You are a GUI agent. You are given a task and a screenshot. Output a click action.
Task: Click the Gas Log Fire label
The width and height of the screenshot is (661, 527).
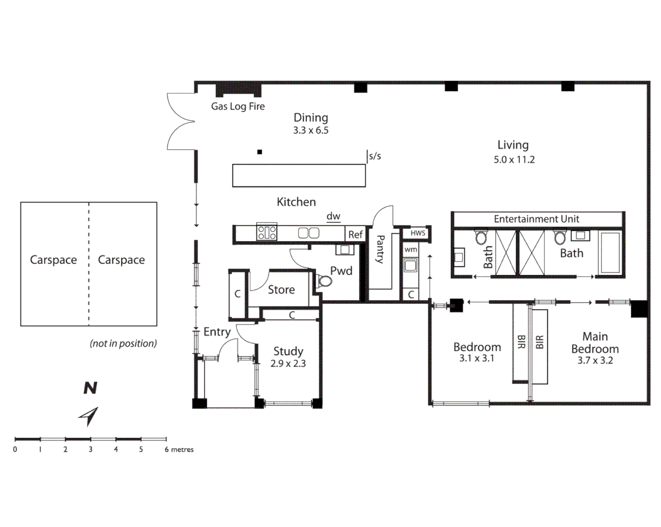pos(238,106)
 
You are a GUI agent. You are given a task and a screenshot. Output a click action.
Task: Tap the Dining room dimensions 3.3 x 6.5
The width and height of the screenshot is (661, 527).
pos(311,130)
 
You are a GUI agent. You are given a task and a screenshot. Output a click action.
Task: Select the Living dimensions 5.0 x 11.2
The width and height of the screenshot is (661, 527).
pos(514,160)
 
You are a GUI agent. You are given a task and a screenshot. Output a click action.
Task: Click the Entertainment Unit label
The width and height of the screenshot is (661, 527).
pos(537,219)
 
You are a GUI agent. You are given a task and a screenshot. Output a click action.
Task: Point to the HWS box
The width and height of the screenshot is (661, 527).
pos(418,233)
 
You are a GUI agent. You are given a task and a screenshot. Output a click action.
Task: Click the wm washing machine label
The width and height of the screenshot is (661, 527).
pos(411,249)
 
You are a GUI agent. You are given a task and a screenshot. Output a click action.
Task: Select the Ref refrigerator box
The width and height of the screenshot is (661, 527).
pos(355,234)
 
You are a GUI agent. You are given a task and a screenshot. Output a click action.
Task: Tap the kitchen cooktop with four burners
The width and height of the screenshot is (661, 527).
pos(267,232)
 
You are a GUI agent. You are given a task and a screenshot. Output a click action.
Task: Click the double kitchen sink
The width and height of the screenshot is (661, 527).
pos(309,233)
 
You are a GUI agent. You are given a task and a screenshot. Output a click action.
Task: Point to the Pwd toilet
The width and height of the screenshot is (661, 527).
pos(324,281)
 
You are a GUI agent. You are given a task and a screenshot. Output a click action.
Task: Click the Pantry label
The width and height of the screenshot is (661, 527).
pos(380,249)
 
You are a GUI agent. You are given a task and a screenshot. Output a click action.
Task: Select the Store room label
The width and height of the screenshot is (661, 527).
pos(281,290)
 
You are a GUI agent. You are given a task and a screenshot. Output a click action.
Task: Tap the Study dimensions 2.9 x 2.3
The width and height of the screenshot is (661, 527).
pos(288,364)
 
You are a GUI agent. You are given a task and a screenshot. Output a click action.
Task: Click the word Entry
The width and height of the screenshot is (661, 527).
pos(217,332)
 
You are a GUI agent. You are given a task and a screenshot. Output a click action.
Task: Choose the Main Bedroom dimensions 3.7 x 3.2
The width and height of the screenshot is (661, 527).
pos(595,361)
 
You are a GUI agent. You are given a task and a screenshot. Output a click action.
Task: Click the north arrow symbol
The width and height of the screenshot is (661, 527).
pos(89,416)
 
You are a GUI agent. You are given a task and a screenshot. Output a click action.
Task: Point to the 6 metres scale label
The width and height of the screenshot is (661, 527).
pos(179,449)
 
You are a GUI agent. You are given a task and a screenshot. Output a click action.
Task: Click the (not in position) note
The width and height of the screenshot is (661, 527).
pos(123,344)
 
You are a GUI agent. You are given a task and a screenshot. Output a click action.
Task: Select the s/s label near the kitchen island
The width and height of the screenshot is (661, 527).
pos(375,156)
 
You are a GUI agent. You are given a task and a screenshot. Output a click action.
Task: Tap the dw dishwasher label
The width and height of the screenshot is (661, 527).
pos(333,216)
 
